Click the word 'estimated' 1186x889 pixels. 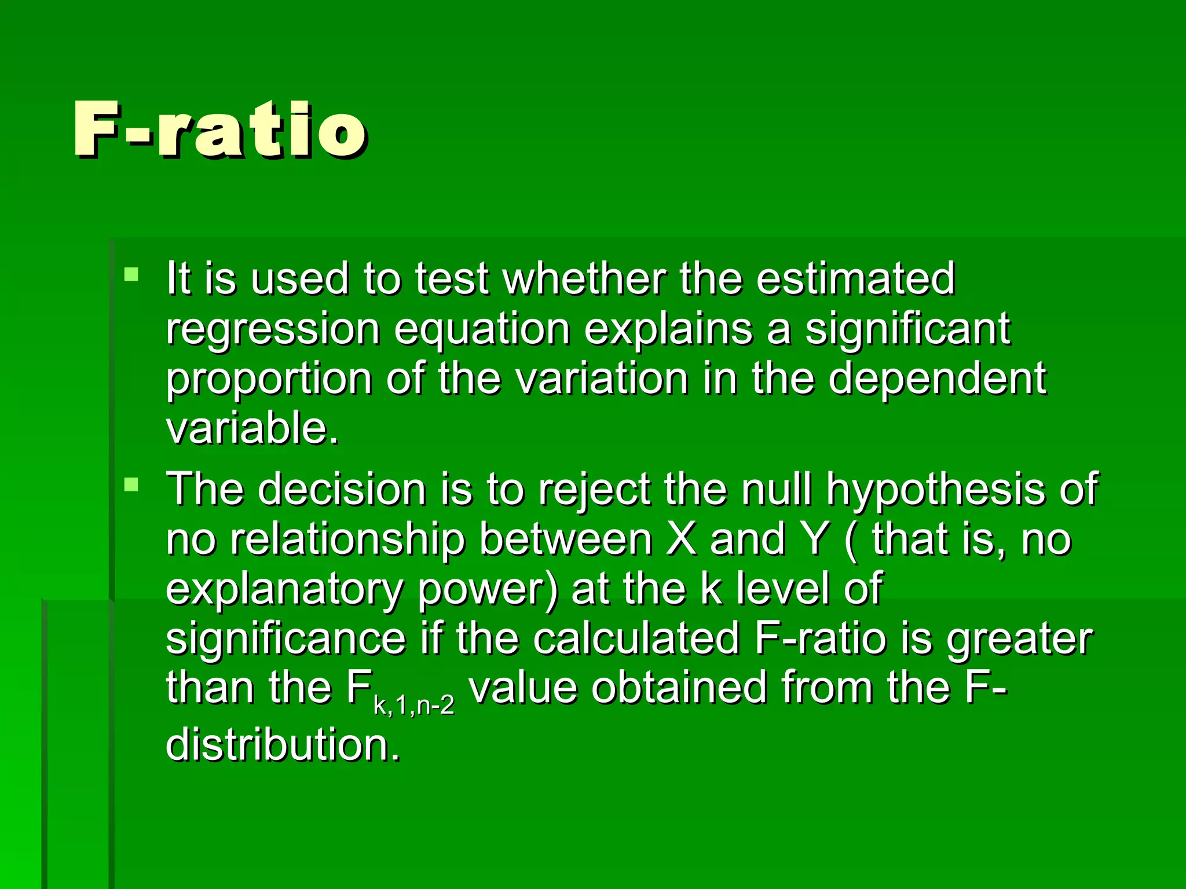click(855, 278)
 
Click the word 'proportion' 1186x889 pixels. click(269, 379)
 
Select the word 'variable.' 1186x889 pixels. click(252, 428)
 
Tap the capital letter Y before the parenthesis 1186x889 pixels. click(815, 539)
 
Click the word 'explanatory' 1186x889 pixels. click(284, 589)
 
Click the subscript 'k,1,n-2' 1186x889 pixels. click(413, 707)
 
